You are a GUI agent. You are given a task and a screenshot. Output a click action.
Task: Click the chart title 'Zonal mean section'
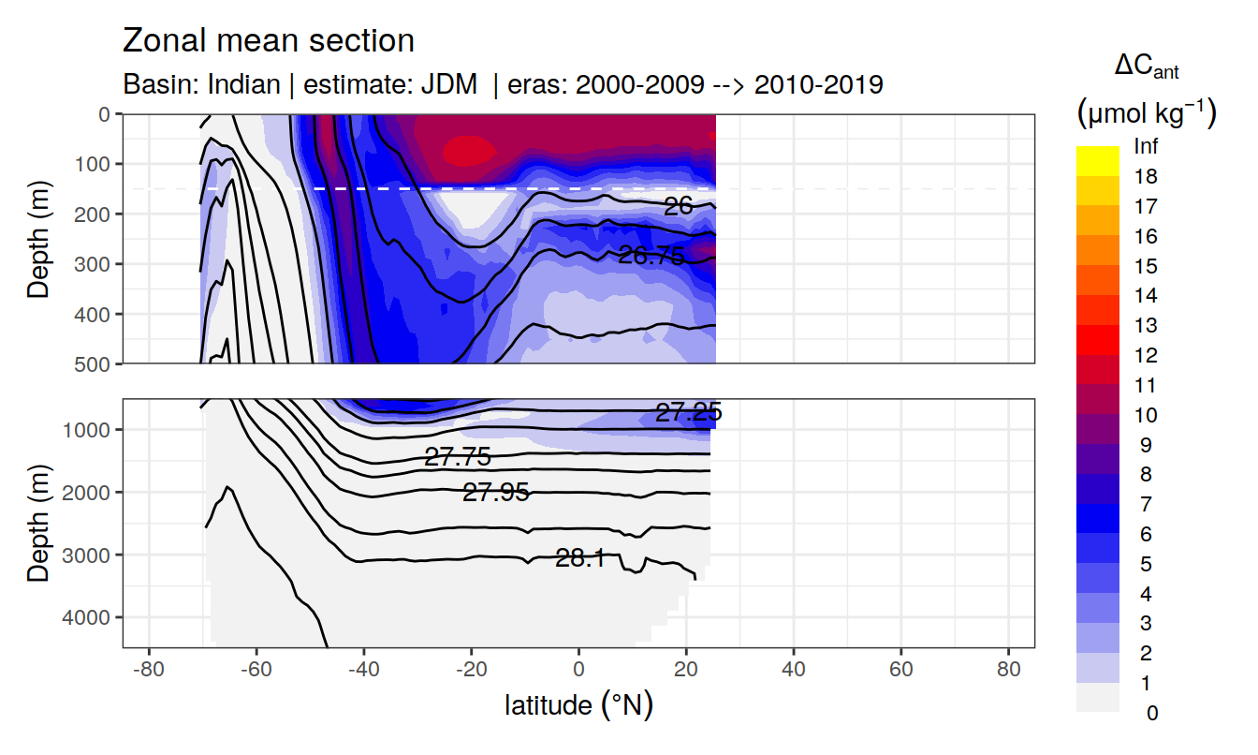[268, 41]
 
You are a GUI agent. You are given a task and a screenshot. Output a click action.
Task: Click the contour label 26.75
[651, 255]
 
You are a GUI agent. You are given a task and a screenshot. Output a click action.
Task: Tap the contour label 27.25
[688, 413]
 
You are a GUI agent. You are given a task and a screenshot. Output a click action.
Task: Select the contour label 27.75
[457, 457]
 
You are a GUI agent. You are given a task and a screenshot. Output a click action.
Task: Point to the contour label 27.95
[496, 492]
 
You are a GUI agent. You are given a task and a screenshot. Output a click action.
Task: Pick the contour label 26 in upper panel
[678, 206]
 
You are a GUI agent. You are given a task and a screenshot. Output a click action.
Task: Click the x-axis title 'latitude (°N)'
[578, 704]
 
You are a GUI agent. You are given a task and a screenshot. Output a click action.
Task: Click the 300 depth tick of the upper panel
[96, 264]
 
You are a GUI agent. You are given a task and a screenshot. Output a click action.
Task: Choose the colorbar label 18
[1145, 176]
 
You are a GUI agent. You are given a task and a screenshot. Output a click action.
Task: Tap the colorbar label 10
[1145, 415]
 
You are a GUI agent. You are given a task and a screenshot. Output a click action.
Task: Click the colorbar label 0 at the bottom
[1151, 713]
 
